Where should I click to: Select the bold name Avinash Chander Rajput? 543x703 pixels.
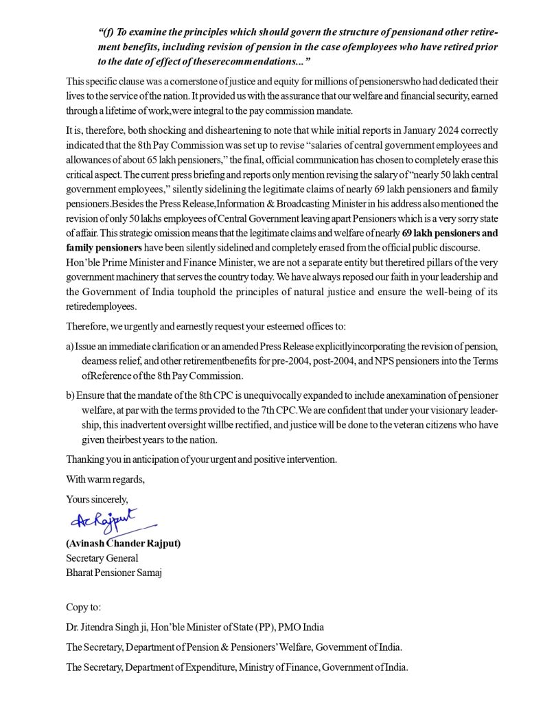124,544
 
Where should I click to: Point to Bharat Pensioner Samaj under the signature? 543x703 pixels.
113,573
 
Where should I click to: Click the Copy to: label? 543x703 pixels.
84,608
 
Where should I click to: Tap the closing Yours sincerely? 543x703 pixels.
97,498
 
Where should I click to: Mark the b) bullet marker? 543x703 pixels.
70,396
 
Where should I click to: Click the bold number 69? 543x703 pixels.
409,233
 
